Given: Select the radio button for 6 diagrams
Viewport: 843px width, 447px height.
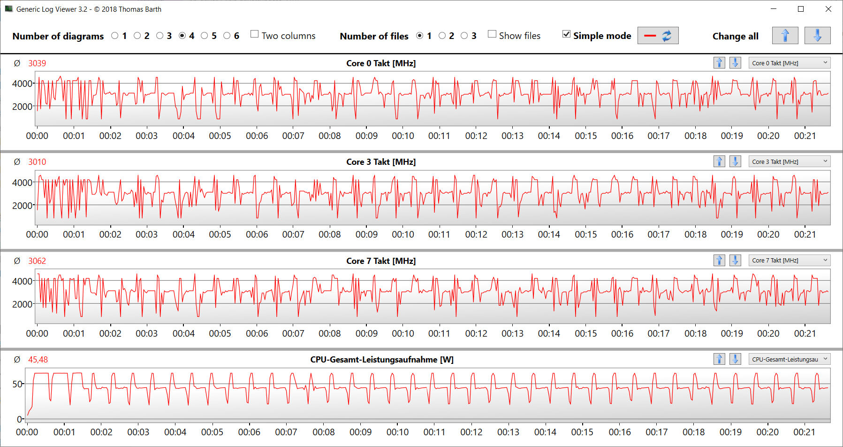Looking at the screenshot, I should [227, 36].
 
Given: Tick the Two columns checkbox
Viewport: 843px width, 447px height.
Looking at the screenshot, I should [255, 34].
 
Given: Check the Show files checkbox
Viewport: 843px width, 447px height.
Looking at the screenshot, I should [492, 34].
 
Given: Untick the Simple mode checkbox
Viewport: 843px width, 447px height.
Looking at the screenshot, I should [567, 34].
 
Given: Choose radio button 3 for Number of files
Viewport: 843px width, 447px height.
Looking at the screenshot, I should [464, 36].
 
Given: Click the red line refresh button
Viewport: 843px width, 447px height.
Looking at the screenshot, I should [658, 36].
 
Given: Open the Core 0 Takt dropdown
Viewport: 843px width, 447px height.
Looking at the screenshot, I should [789, 63].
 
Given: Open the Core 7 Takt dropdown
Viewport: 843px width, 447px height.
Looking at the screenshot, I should [789, 260].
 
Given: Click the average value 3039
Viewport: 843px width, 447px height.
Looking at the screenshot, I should [37, 63].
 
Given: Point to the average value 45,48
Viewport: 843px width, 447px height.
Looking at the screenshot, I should [38, 360].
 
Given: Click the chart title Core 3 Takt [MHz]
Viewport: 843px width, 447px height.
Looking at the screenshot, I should [381, 162].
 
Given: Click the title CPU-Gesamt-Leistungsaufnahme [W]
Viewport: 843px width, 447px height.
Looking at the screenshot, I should [382, 360].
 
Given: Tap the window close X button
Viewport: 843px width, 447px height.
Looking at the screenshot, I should [828, 9].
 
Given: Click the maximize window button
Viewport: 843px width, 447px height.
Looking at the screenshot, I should [801, 9].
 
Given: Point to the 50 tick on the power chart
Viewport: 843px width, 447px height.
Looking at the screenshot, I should [17, 384].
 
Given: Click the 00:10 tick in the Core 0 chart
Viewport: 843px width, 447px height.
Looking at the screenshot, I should [403, 136].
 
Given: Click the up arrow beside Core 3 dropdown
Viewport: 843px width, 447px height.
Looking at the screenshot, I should [719, 162].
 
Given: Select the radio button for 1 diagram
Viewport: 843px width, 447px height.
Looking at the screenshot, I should [115, 36].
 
